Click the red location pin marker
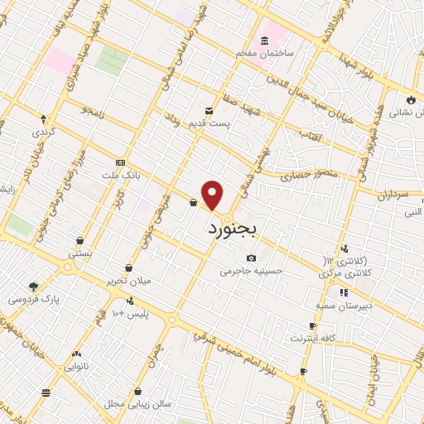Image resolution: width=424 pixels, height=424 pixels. coord(214,195)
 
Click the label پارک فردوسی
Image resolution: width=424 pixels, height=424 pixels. coord(28,298)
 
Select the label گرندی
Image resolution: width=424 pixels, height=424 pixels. coord(43,132)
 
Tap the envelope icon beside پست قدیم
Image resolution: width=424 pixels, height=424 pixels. coord(209,109)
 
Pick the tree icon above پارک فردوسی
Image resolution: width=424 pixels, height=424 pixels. coord(33,287)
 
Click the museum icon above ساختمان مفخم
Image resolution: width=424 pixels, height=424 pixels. coord(265,41)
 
